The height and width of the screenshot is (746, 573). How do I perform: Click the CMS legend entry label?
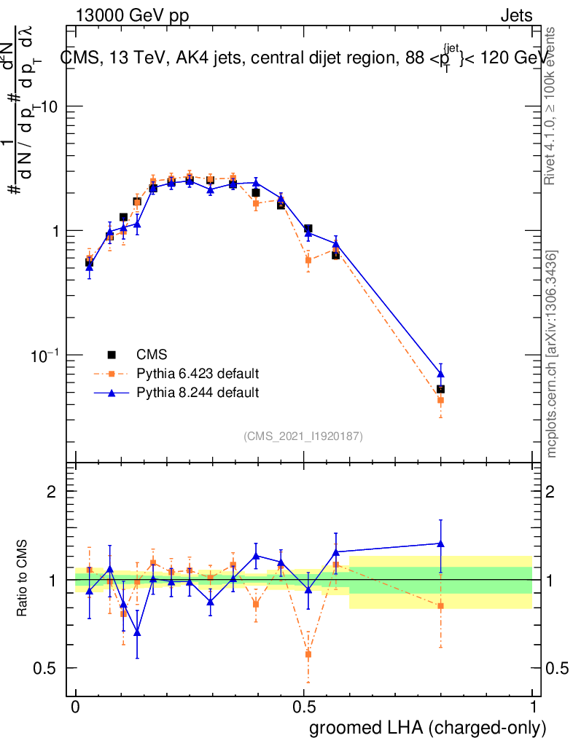click(152, 355)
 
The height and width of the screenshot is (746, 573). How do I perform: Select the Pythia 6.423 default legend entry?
click(197, 374)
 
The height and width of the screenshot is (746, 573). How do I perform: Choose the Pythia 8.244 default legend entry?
click(197, 393)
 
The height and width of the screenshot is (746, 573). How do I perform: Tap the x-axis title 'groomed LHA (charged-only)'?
click(429, 728)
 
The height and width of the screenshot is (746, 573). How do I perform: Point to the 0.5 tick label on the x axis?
click(304, 707)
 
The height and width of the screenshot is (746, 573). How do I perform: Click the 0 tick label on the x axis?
click(76, 707)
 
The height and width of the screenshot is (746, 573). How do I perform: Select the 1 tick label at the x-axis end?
click(532, 707)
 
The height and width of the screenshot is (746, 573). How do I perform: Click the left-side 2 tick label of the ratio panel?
click(51, 492)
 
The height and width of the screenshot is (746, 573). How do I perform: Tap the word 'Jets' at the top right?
click(515, 16)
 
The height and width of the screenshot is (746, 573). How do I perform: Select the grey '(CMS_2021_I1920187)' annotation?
click(303, 436)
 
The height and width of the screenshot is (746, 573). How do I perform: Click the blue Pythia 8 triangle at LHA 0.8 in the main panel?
click(440, 373)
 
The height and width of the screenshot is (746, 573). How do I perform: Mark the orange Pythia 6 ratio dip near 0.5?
click(308, 654)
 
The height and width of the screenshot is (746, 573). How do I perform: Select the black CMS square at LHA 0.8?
click(440, 389)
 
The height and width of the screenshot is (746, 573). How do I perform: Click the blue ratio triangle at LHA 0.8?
click(440, 543)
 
